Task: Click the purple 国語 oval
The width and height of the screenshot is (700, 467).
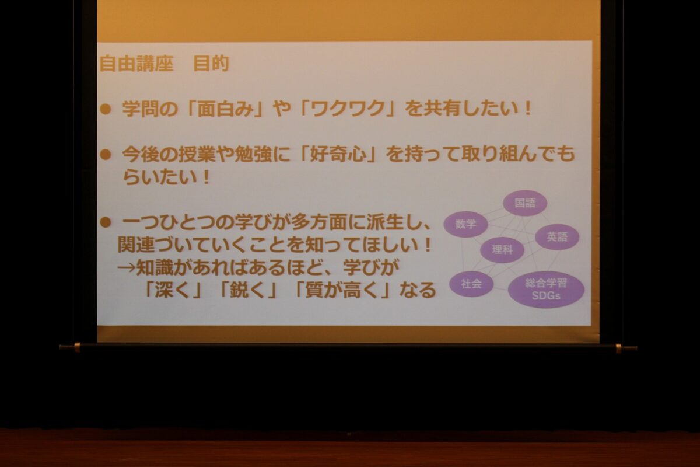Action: click(x=525, y=203)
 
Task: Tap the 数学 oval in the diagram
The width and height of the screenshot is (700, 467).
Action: click(x=466, y=224)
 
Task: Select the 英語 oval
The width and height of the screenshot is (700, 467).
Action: click(x=557, y=237)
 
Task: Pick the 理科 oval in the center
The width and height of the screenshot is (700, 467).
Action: click(x=502, y=250)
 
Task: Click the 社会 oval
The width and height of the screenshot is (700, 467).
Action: click(x=471, y=284)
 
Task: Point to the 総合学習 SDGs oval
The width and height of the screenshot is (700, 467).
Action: click(x=546, y=290)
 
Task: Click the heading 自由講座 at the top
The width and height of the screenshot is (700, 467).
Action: click(x=136, y=64)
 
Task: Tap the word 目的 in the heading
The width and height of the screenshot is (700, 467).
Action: click(x=211, y=64)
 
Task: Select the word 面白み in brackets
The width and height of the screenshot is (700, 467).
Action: click(x=225, y=109)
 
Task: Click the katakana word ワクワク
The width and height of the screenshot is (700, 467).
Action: click(x=348, y=109)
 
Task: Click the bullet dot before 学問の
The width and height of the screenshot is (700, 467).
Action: click(x=106, y=110)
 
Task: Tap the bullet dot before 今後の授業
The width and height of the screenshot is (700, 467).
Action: click(x=106, y=155)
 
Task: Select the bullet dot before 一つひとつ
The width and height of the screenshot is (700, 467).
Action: click(x=106, y=222)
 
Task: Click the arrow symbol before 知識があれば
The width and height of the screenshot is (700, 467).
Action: click(x=127, y=267)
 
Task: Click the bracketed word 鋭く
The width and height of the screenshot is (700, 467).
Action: click(x=247, y=290)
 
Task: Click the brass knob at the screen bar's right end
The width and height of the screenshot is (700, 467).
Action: click(x=618, y=348)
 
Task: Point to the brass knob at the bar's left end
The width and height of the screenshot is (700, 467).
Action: click(x=77, y=347)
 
